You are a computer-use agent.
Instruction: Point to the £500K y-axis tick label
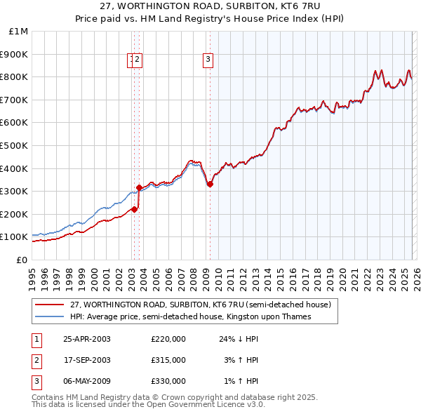pos(14,146)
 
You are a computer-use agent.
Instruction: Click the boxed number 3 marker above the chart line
pos(208,60)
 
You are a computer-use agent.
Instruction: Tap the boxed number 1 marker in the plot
pos(131,60)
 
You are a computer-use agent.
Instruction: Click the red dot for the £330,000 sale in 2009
pos(210,185)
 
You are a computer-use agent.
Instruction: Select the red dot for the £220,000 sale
pos(134,209)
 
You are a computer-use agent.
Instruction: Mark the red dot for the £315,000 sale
pos(139,187)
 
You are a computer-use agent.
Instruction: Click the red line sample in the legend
pos(49,305)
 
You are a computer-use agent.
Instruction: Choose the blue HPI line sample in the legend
pos(49,316)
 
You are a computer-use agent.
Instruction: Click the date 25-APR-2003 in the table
pos(87,339)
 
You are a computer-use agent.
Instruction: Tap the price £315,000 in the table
pos(168,360)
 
